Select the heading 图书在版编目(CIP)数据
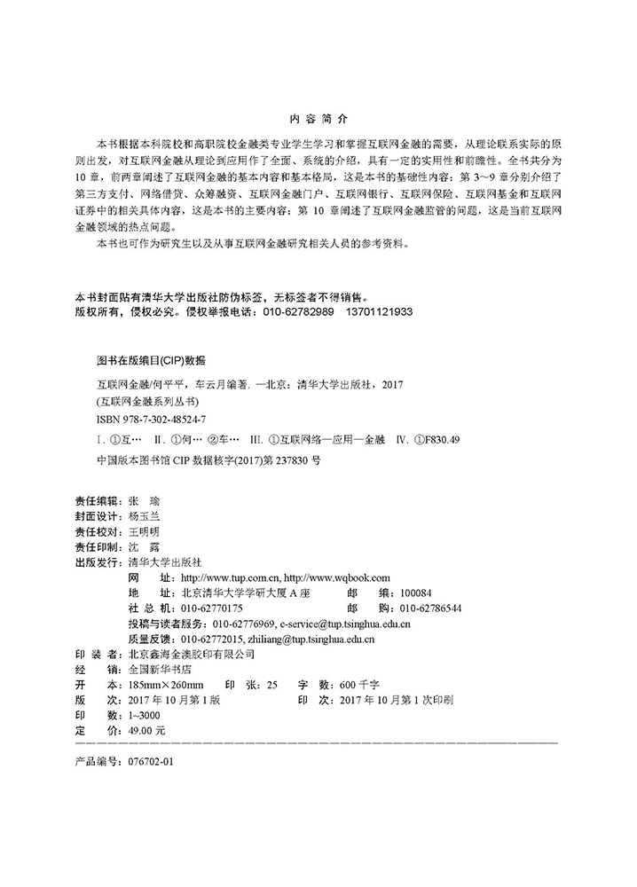(x=150, y=361)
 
